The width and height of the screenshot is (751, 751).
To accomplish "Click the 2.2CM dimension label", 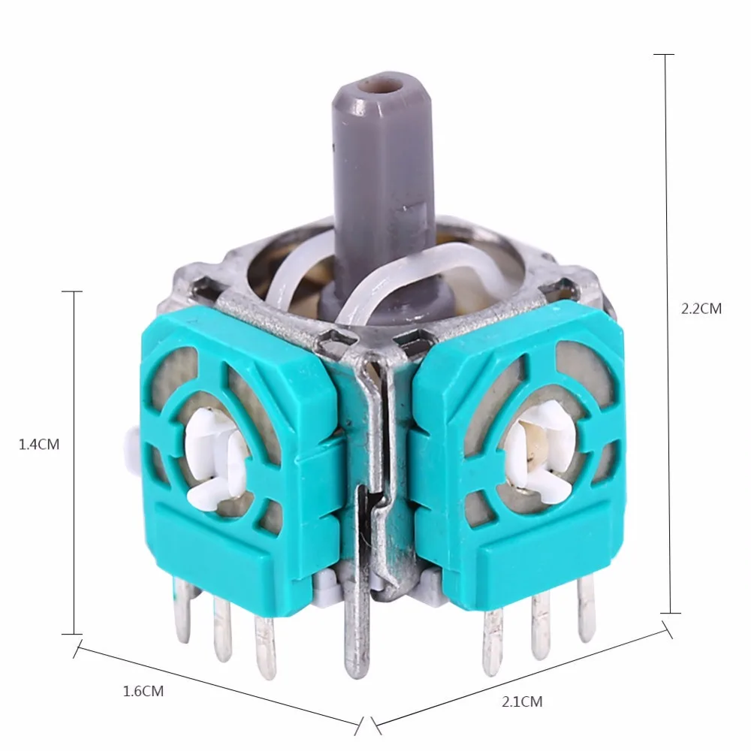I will point(701,309).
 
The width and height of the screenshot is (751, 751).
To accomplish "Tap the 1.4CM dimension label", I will point(39,444).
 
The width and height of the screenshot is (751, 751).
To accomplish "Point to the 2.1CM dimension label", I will point(521,702).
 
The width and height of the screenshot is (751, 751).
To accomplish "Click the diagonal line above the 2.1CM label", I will point(518,673).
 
